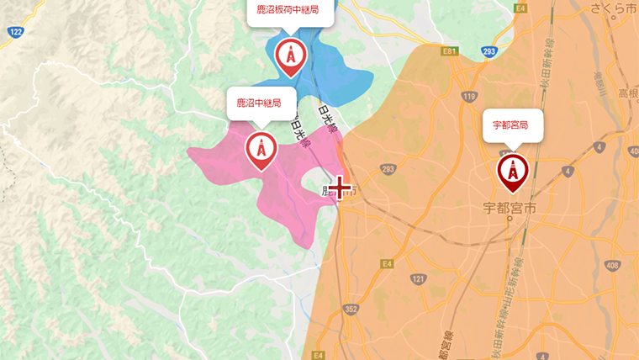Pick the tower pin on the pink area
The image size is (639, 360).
pyautogui.click(x=261, y=149)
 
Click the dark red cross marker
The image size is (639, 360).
pyautogui.click(x=341, y=187)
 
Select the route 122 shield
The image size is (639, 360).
pyautogui.click(x=16, y=32)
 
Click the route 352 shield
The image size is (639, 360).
pyautogui.click(x=351, y=309)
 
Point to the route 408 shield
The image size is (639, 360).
pyautogui.click(x=611, y=265)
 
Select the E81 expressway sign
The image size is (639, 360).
pyautogui.click(x=450, y=51)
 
